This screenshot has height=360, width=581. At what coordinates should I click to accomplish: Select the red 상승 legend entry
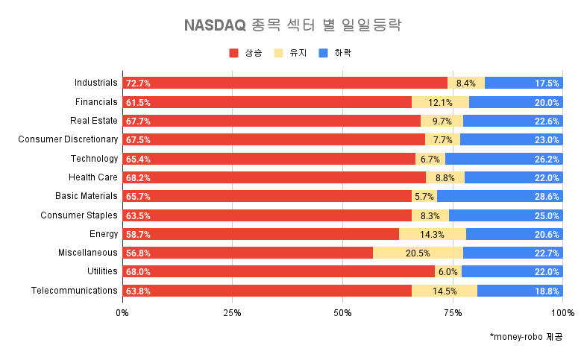click(247, 53)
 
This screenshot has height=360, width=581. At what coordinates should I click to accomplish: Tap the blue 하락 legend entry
click(335, 53)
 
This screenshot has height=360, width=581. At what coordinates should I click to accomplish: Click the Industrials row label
click(96, 83)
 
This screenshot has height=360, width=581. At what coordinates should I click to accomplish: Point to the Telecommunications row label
click(75, 291)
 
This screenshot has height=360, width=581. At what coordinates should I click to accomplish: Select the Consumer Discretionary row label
click(68, 139)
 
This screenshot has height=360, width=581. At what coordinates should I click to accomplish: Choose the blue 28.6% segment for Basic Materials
click(500, 196)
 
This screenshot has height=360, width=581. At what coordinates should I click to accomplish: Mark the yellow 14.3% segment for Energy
click(433, 234)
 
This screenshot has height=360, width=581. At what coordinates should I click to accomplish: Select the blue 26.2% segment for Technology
click(504, 159)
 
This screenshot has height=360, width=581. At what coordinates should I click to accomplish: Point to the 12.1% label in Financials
click(440, 102)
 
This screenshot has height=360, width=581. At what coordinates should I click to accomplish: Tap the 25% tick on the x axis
click(232, 313)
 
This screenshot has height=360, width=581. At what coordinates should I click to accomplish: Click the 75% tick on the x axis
click(453, 313)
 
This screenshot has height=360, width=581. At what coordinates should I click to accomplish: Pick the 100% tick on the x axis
click(562, 313)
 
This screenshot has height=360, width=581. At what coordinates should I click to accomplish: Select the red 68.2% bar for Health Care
click(274, 177)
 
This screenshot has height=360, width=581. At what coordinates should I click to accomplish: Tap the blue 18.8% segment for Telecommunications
click(520, 291)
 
